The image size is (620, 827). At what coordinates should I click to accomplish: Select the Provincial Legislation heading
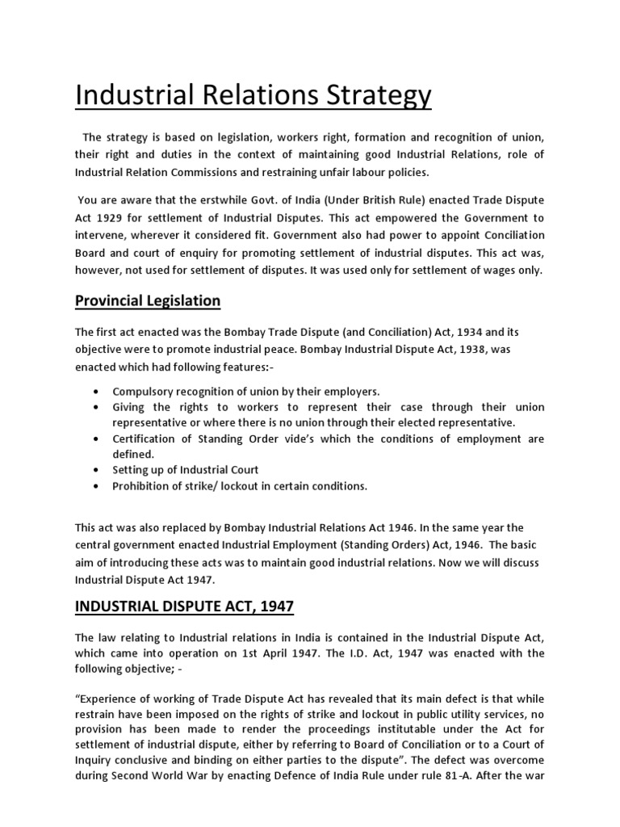pos(147,300)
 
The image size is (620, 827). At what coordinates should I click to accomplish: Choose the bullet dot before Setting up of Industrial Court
pos(97,470)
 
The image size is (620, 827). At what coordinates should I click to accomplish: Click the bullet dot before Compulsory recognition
pos(97,391)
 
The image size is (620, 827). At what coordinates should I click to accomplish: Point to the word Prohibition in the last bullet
pos(143,486)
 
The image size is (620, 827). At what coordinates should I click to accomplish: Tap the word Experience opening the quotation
pos(110,699)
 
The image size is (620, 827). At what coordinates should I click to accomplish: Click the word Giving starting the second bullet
pos(129,407)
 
